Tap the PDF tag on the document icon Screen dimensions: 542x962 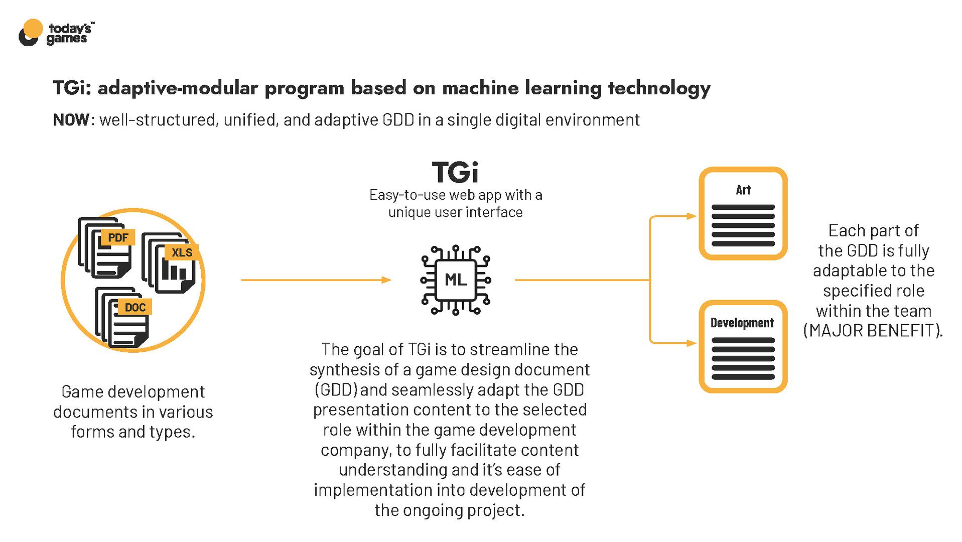coord(118,237)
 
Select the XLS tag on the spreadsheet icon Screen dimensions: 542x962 coord(182,252)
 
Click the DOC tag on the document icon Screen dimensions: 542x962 coord(135,307)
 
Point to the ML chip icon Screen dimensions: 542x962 coord(455,280)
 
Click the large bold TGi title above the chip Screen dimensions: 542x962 coord(455,172)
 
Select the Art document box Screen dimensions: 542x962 coord(743,213)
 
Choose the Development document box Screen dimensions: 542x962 coord(743,346)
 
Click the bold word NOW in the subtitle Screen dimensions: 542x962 coord(71,120)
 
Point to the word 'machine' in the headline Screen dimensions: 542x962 coord(480,88)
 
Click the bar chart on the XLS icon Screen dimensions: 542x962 coord(174,272)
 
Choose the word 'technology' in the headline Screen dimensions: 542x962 coord(659,88)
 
